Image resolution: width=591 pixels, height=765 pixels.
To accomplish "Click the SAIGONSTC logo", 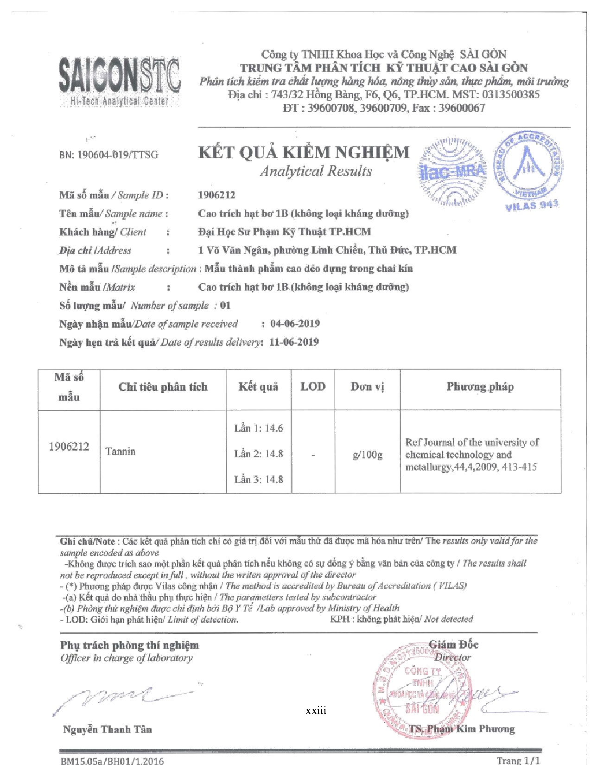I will click(x=120, y=82).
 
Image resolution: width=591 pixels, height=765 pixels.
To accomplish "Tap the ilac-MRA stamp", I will click(x=453, y=172).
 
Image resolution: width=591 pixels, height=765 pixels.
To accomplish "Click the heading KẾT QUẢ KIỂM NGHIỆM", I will click(x=304, y=153).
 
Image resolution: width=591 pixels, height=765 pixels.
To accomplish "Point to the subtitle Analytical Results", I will click(x=316, y=171).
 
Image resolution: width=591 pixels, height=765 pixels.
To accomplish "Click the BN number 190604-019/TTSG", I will click(x=108, y=155).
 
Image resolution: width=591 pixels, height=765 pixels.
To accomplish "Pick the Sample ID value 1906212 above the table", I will click(x=216, y=195).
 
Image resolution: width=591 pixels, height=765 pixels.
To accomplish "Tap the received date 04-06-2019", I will click(x=295, y=324).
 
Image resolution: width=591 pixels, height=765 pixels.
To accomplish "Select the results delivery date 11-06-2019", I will click(x=294, y=342).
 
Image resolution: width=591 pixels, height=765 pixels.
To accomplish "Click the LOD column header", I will click(x=313, y=387).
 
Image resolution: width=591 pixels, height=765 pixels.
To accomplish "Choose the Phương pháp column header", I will click(x=480, y=387).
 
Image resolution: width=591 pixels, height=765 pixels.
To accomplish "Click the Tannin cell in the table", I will click(x=121, y=451).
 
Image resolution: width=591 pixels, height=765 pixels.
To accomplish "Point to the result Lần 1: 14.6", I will click(x=258, y=428).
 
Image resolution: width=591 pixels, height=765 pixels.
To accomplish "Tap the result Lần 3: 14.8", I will click(x=258, y=479).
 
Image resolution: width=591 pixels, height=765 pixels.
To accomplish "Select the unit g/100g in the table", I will click(x=368, y=454).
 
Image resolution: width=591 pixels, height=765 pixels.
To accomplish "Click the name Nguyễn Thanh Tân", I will click(x=108, y=729).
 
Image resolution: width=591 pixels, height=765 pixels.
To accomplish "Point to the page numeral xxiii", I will click(x=316, y=711).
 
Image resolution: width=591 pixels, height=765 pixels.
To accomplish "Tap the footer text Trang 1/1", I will click(x=518, y=760).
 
